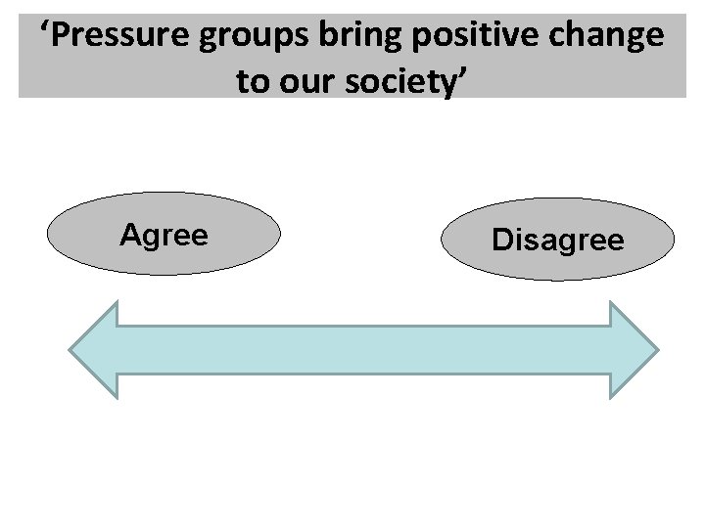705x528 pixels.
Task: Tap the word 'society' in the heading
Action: point(401,81)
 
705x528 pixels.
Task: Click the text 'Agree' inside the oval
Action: point(164,235)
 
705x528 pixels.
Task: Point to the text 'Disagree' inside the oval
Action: point(558,240)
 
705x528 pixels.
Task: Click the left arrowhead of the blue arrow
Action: point(94,349)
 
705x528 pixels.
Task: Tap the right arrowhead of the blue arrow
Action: point(633,349)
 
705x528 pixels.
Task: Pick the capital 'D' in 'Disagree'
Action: point(500,240)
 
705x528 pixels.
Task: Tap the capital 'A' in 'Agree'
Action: point(129,235)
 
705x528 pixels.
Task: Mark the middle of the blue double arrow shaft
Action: point(363,349)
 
